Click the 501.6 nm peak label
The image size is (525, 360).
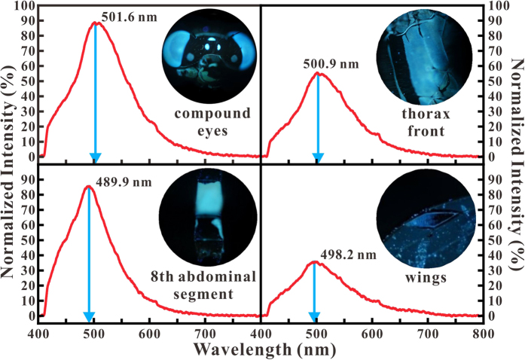click(x=126, y=14)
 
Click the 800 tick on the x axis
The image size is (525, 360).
click(x=483, y=334)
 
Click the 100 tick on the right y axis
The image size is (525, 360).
click(x=498, y=6)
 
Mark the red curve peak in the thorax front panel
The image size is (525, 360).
click(x=318, y=73)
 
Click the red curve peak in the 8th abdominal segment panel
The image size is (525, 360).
click(x=88, y=186)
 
